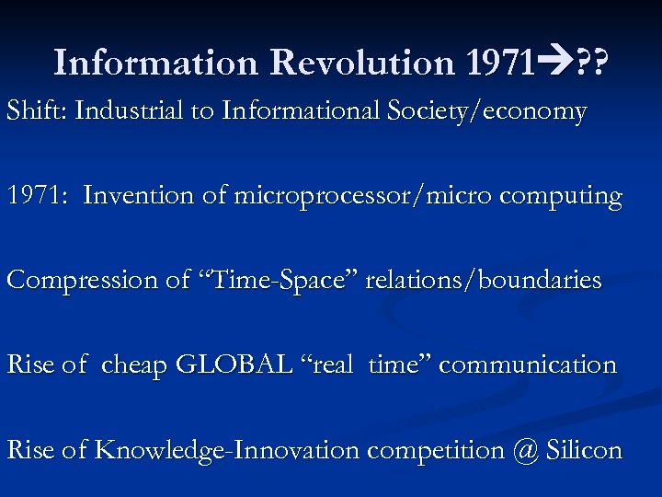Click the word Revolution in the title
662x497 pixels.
tap(362, 63)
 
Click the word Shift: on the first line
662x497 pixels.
tap(37, 111)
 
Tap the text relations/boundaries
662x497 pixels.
tap(484, 281)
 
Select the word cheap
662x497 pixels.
tap(133, 365)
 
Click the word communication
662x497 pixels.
tap(528, 365)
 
